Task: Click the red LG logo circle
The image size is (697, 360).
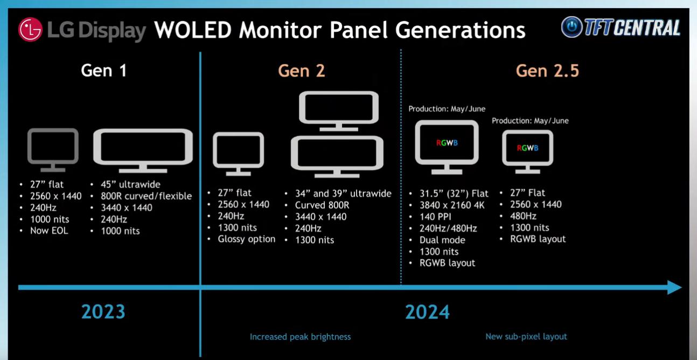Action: (x=30, y=30)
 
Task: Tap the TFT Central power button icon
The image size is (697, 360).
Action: (x=571, y=27)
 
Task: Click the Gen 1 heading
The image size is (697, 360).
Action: (x=104, y=71)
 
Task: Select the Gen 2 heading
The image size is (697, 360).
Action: (x=302, y=71)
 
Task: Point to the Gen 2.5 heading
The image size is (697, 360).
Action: (x=547, y=71)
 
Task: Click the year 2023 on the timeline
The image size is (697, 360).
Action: (x=103, y=311)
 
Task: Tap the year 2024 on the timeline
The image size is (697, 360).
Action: (x=427, y=311)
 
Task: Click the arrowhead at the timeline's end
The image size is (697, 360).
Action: (x=674, y=287)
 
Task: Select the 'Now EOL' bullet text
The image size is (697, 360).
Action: (x=49, y=231)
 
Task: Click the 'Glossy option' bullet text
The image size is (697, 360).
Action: (x=247, y=239)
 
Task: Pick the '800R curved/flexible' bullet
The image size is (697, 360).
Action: (x=147, y=196)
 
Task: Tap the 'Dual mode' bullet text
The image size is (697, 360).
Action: (x=442, y=240)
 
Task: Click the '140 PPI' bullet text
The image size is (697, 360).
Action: (x=435, y=217)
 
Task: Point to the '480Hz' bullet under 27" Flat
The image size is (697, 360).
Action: (x=523, y=216)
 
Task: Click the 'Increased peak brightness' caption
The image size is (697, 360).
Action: (x=300, y=337)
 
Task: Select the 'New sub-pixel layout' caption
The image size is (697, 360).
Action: (x=526, y=337)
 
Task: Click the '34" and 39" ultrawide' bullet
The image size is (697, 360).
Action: (x=343, y=193)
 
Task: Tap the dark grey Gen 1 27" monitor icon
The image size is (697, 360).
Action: (x=53, y=150)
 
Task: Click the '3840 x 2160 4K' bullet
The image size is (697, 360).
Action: (x=452, y=205)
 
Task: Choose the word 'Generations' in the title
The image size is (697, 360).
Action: (x=460, y=30)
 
